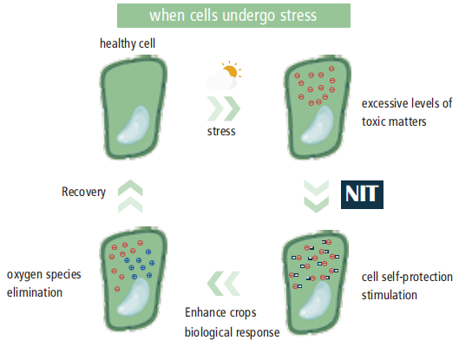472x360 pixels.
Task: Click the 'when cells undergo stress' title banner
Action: pyautogui.click(x=233, y=16)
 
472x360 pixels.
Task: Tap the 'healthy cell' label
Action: pyautogui.click(x=128, y=43)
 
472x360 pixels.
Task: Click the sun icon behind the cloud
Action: pyautogui.click(x=232, y=70)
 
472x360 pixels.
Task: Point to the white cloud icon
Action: pyautogui.click(x=221, y=80)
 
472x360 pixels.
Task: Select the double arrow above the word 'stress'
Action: pyautogui.click(x=223, y=108)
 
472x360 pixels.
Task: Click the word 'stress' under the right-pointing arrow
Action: pyautogui.click(x=221, y=132)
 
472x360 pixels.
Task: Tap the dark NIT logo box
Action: pyautogui.click(x=362, y=194)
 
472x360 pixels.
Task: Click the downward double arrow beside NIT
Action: pyautogui.click(x=317, y=196)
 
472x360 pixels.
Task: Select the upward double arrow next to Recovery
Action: pyautogui.click(x=130, y=196)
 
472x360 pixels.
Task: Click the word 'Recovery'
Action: pyautogui.click(x=83, y=192)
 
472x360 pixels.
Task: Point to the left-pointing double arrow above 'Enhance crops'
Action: pyautogui.click(x=223, y=284)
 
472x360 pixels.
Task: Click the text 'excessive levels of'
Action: pyautogui.click(x=407, y=103)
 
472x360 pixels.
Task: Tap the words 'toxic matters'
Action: pyautogui.click(x=394, y=122)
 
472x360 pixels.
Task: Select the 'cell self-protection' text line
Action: pyautogui.click(x=407, y=278)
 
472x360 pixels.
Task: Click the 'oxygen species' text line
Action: pyautogui.click(x=44, y=275)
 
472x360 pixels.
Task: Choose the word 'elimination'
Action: pyautogui.click(x=35, y=292)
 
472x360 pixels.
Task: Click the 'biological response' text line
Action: pyautogui.click(x=232, y=332)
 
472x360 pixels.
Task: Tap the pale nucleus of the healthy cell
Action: pyautogui.click(x=134, y=125)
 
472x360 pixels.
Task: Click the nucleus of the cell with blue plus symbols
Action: pyautogui.click(x=134, y=298)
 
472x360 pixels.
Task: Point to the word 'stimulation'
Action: pyautogui.click(x=390, y=295)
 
